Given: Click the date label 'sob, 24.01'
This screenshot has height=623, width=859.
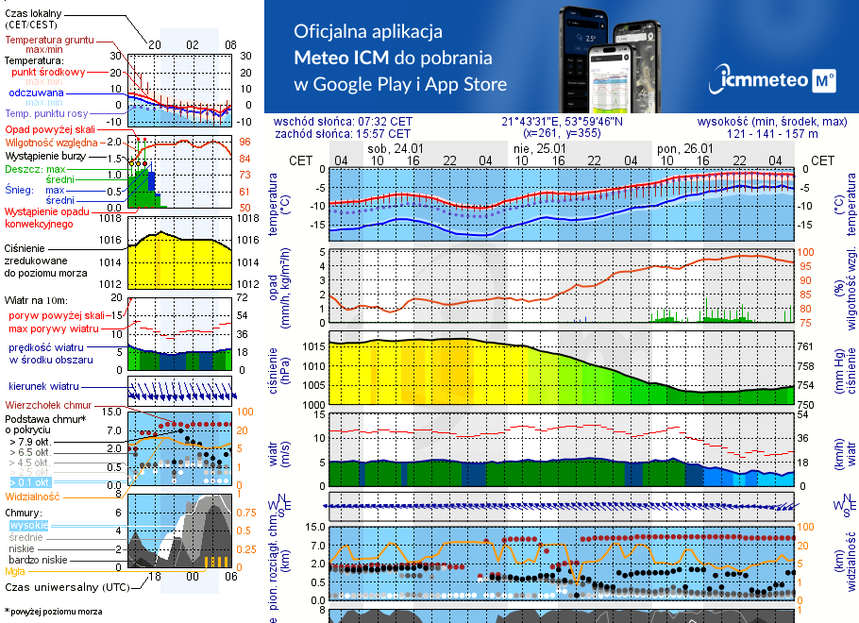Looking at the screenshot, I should pyautogui.click(x=395, y=149).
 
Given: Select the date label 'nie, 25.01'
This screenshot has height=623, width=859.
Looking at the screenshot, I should pyautogui.click(x=539, y=149).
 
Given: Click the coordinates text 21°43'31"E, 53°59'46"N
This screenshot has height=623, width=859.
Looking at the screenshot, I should pyautogui.click(x=562, y=122).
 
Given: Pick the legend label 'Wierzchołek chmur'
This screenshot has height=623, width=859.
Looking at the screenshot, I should pyautogui.click(x=48, y=405).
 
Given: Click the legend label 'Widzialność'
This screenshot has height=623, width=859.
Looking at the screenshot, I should pyautogui.click(x=32, y=495).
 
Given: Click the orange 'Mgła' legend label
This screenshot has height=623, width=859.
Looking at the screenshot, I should pyautogui.click(x=15, y=571).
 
